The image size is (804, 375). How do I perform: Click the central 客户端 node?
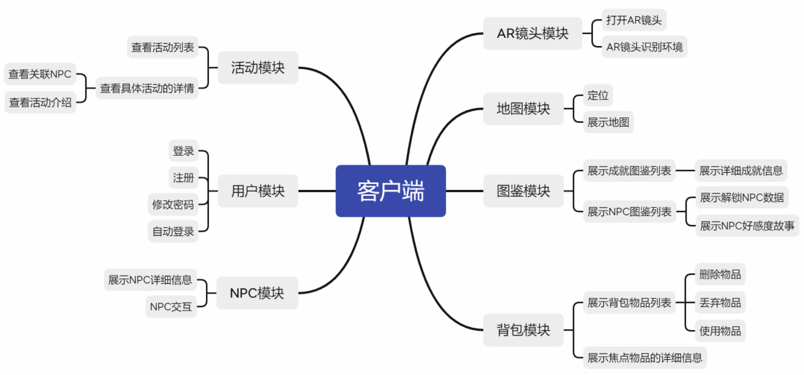(x=391, y=191)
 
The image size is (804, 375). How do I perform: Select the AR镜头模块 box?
(x=532, y=34)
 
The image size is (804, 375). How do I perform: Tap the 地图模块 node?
(x=523, y=109)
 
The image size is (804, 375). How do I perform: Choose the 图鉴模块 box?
(x=523, y=191)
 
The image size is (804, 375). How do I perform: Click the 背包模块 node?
(x=523, y=330)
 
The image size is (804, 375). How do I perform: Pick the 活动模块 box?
(x=258, y=68)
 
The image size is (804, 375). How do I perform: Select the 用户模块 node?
(x=258, y=191)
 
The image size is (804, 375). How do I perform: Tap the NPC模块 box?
(x=257, y=293)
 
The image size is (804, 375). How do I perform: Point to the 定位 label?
(x=598, y=96)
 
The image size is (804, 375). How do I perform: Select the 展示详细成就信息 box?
(x=741, y=171)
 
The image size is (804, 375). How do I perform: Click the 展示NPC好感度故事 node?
(x=747, y=226)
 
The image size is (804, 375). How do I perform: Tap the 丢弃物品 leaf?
(x=720, y=302)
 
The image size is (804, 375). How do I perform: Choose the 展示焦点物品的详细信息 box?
(x=645, y=357)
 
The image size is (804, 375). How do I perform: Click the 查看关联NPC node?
(x=40, y=75)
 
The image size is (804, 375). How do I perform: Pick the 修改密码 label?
(x=173, y=205)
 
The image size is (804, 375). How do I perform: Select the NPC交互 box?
(x=171, y=307)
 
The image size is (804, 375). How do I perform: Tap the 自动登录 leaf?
(x=173, y=232)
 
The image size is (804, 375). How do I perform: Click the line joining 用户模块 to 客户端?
(x=317, y=191)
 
